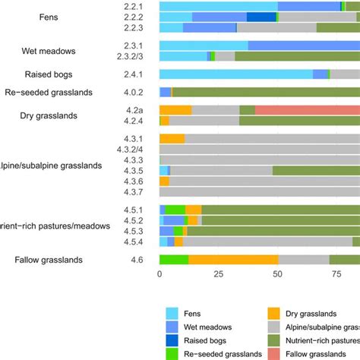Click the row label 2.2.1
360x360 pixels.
(x=134, y=6)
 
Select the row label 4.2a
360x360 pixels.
(x=134, y=110)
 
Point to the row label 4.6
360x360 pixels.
(x=137, y=261)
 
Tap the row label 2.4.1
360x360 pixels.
(x=134, y=74)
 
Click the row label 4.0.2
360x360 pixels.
(x=134, y=92)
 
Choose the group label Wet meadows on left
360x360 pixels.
(x=69, y=51)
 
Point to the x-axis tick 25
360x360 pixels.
(x=218, y=275)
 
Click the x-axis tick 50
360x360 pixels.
(x=277, y=275)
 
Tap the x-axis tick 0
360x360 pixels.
(x=159, y=275)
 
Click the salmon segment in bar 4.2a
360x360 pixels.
(x=308, y=110)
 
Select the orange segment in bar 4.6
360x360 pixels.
(x=233, y=261)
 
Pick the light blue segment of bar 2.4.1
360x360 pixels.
(x=236, y=74)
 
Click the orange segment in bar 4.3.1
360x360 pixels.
(x=172, y=139)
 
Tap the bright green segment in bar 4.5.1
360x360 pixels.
(x=175, y=210)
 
